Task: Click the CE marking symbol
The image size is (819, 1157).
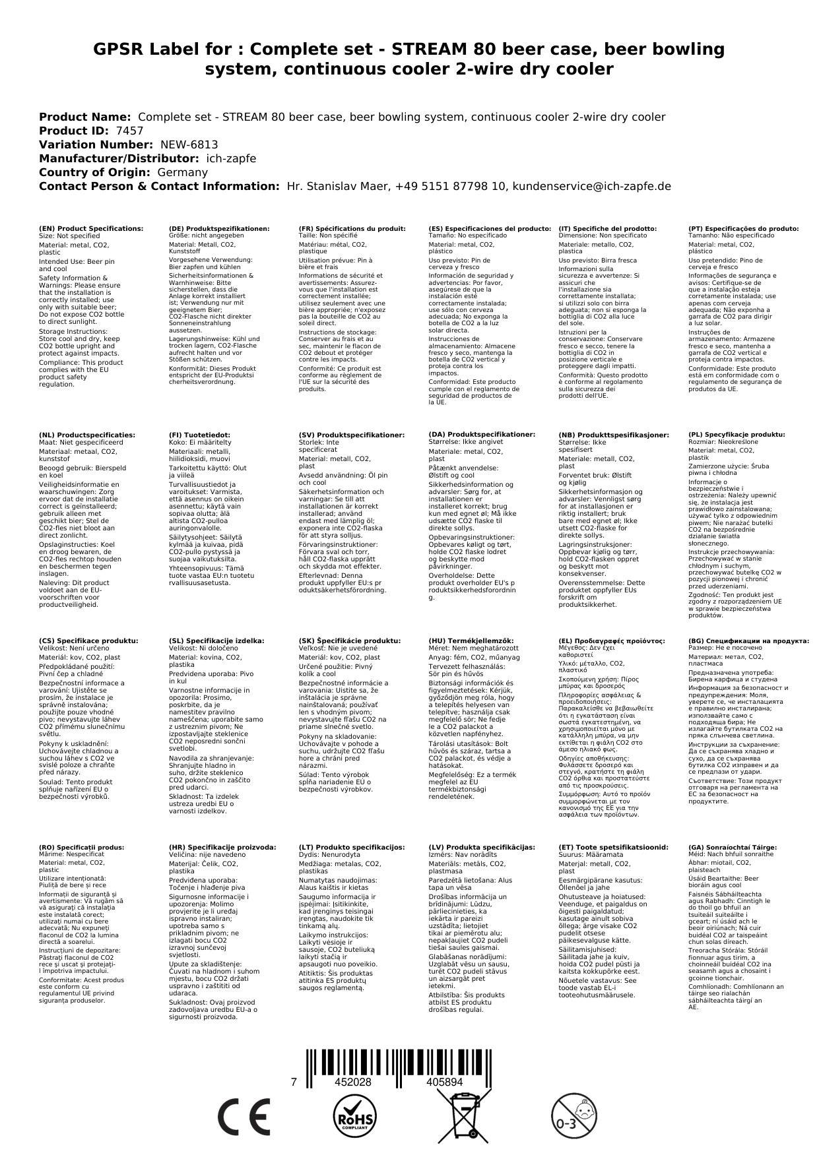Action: click(244, 1116)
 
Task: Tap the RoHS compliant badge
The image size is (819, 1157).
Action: click(354, 1116)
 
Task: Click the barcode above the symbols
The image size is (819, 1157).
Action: click(398, 1063)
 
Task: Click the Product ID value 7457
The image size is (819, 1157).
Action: click(129, 131)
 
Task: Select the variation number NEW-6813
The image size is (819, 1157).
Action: click(189, 144)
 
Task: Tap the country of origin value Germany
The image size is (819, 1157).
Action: click(182, 172)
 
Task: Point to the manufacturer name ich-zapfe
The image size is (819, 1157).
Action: click(231, 158)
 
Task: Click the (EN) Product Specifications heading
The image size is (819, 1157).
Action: click(91, 228)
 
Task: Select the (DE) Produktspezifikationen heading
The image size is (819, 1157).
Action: click(219, 228)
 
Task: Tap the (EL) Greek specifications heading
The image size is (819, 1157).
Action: click(612, 641)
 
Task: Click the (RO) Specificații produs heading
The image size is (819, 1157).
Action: click(81, 847)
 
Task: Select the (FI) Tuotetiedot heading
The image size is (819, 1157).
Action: click(199, 435)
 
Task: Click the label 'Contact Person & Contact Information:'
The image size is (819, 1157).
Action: click(159, 186)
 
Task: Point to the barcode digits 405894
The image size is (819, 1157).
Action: click(445, 1082)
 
